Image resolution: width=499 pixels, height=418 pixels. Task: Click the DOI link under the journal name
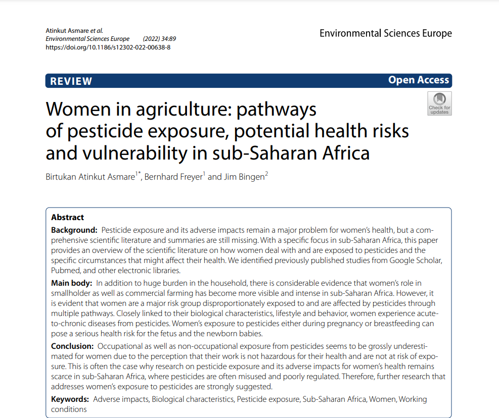(108, 47)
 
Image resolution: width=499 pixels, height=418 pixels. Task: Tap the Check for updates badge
(439, 103)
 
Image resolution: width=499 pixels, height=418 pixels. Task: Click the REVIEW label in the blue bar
(71, 81)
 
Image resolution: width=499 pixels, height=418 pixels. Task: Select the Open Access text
(418, 80)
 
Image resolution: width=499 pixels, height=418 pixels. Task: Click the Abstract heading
(68, 217)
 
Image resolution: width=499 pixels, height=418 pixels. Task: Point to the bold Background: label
(74, 230)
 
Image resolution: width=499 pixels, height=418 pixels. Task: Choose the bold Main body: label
(71, 283)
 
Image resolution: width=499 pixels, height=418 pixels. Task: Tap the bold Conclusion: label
(72, 346)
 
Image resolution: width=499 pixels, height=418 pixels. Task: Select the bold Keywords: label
(70, 399)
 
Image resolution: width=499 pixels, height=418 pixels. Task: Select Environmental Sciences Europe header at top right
(386, 34)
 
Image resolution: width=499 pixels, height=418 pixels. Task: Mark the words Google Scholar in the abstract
(413, 260)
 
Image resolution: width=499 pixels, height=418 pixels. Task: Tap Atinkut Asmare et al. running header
(74, 31)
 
